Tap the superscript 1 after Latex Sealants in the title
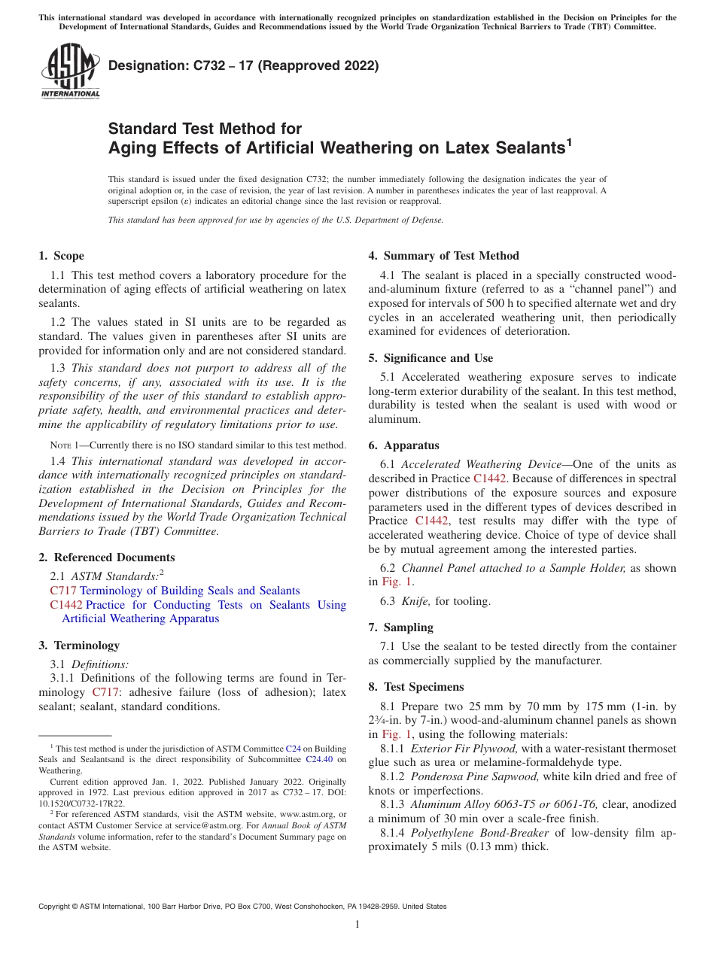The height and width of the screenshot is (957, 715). pos(569,141)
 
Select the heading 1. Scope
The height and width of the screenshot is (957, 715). pos(62,256)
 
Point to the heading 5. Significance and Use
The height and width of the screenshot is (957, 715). pos(431,358)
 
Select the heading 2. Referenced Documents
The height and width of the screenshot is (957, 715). pos(106,557)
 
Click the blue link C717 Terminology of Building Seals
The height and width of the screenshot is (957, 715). pos(190,591)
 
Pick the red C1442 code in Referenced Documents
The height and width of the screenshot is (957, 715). pos(66,605)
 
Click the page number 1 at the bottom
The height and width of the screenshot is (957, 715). pos(357,925)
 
